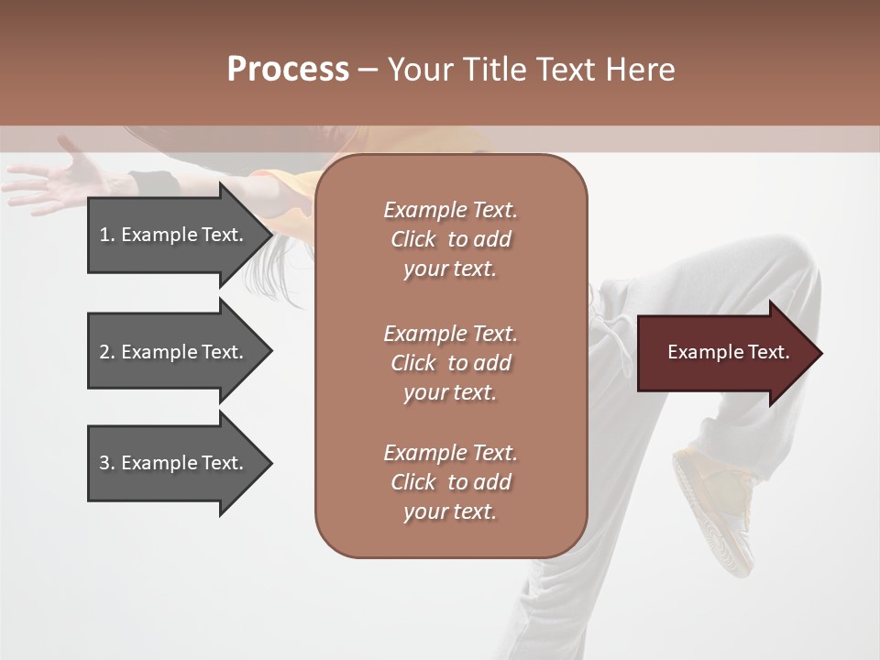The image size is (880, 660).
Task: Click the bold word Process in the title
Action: click(x=288, y=70)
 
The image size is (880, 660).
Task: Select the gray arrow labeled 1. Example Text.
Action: click(x=174, y=235)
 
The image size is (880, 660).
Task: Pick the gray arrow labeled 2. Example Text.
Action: click(x=174, y=352)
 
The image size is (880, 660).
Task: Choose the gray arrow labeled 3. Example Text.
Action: click(x=174, y=463)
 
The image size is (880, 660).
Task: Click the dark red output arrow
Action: click(x=724, y=353)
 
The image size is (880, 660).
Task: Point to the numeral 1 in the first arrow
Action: click(x=104, y=235)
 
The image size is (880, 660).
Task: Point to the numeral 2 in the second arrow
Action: click(x=104, y=352)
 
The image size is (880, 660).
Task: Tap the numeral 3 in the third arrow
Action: click(x=104, y=463)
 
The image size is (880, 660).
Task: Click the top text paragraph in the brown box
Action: click(x=450, y=239)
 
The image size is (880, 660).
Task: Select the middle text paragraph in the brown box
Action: click(x=450, y=363)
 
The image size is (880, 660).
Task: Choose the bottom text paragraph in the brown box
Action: click(x=450, y=482)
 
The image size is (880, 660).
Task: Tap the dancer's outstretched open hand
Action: click(x=64, y=179)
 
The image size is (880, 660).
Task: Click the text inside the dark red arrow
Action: click(x=728, y=352)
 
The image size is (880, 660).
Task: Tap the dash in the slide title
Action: click(x=368, y=71)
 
